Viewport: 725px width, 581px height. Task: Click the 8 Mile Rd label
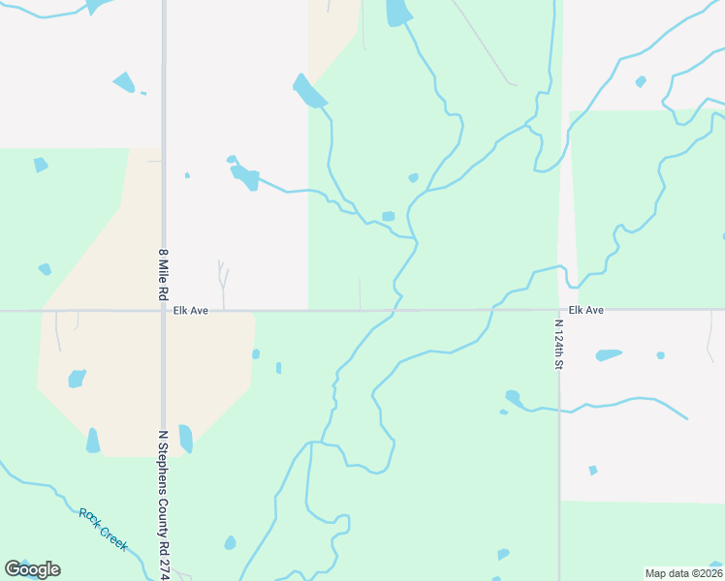[164, 274]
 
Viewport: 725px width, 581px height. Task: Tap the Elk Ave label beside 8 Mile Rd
[185, 311]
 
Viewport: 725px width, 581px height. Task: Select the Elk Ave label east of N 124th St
[586, 310]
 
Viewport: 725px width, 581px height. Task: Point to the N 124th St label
[559, 345]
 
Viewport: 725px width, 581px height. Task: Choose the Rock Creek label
[103, 529]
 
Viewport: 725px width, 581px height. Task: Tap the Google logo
[32, 569]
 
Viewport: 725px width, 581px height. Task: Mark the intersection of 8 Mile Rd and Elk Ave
[163, 311]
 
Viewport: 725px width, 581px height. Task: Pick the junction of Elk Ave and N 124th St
[558, 311]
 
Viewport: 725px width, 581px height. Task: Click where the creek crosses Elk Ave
[396, 311]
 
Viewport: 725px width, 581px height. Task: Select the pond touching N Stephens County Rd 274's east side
[185, 439]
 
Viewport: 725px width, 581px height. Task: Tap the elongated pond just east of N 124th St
[608, 354]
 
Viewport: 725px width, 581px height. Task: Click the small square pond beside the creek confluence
[388, 216]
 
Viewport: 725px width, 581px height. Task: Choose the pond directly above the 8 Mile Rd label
[187, 175]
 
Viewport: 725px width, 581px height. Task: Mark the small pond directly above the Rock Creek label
[77, 378]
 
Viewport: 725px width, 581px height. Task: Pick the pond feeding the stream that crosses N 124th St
[513, 397]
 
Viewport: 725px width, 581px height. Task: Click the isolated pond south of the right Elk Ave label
[592, 471]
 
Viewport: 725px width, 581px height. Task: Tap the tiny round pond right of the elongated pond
[660, 355]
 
